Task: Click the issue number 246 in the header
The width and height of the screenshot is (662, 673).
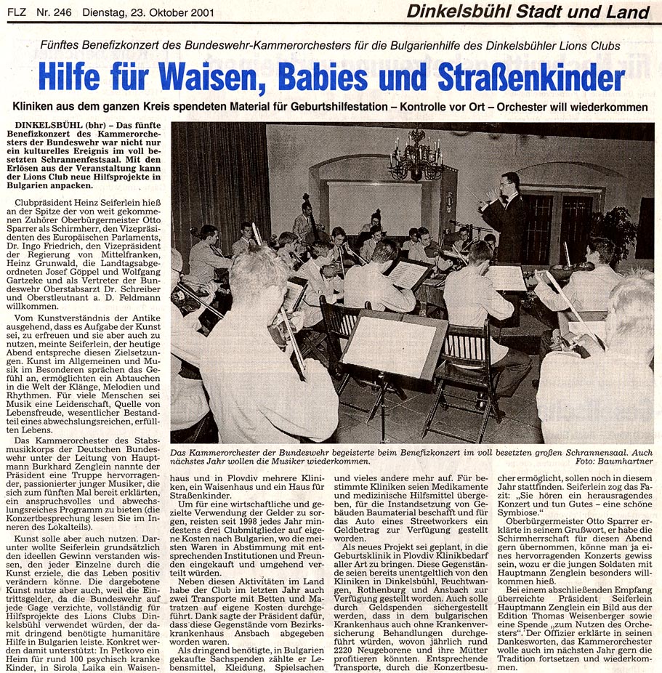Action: pos(65,11)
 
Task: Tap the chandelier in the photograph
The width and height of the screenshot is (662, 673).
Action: pos(416,156)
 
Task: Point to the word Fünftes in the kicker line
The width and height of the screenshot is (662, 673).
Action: pos(63,46)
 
